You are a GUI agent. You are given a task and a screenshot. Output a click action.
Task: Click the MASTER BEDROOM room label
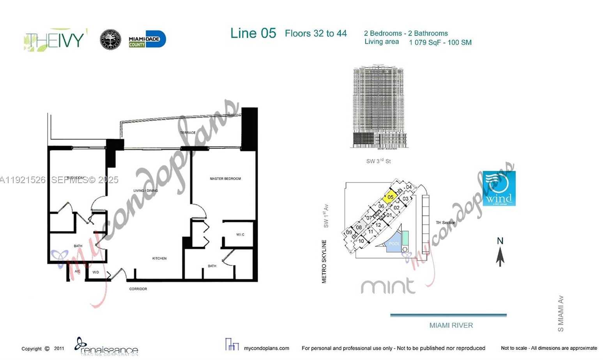click(x=225, y=179)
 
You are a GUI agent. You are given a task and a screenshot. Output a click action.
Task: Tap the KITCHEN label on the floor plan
click(x=159, y=258)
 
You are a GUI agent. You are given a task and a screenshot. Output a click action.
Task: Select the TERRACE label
click(x=187, y=133)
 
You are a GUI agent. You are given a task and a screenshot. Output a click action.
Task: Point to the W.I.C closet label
click(x=240, y=235)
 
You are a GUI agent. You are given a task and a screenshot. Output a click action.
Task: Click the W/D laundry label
click(x=95, y=272)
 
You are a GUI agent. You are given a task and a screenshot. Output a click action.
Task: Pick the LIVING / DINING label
click(x=146, y=191)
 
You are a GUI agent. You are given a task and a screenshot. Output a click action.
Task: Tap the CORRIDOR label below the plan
click(x=138, y=289)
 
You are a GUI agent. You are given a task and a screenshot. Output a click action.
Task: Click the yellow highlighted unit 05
click(x=390, y=197)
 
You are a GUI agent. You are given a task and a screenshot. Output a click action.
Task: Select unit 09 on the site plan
click(x=349, y=233)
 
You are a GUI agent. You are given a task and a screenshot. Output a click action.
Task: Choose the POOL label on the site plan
click(x=394, y=244)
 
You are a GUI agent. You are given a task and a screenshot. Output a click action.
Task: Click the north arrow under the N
click(x=500, y=257)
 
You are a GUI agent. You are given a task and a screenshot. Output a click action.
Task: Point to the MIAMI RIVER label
click(x=451, y=325)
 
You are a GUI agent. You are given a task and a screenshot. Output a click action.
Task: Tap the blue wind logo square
click(x=499, y=189)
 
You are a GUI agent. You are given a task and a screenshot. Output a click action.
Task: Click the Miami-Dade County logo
click(x=147, y=39)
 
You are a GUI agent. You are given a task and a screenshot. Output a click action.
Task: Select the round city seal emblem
click(x=110, y=40)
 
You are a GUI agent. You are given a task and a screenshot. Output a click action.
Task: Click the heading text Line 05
click(x=253, y=34)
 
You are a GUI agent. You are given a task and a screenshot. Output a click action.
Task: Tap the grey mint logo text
click(x=388, y=286)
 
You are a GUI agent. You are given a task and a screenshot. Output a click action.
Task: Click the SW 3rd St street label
click(x=378, y=161)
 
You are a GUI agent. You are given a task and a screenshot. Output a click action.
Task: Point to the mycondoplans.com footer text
click(x=267, y=348)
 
